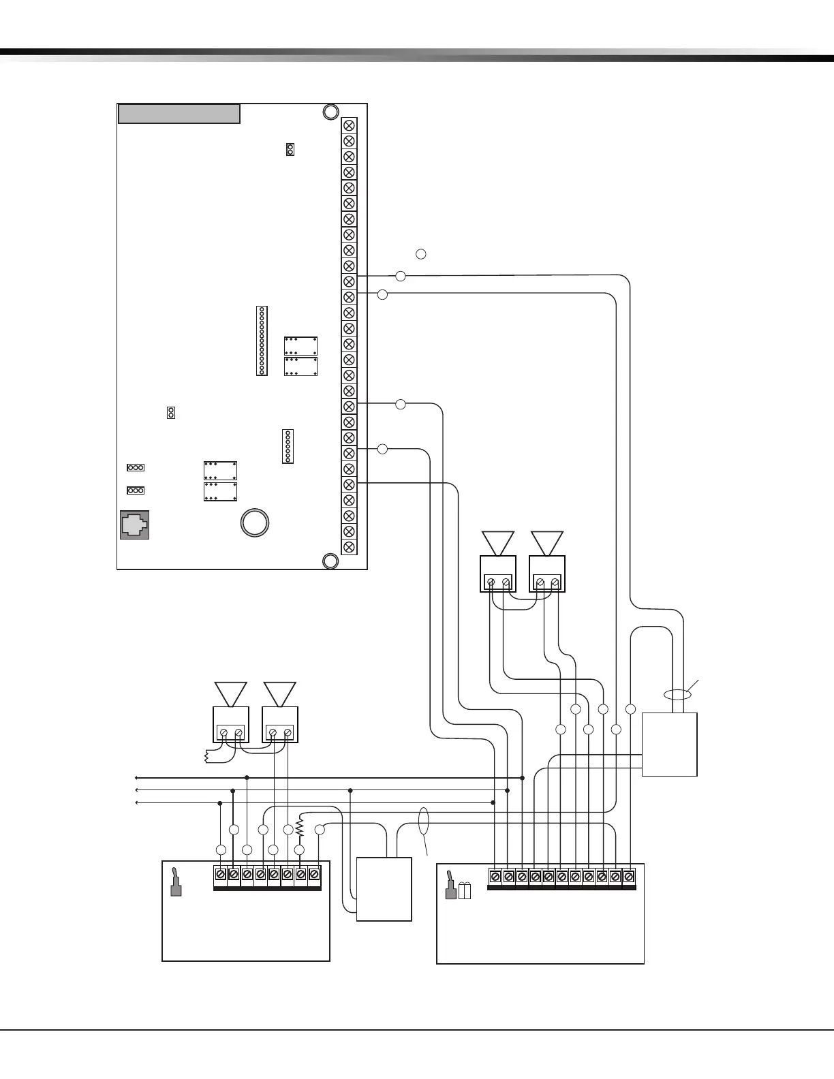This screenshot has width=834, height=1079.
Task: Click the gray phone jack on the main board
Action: click(x=134, y=525)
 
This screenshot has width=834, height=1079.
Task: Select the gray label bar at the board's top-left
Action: click(x=179, y=114)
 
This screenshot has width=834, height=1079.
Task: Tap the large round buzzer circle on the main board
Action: click(x=255, y=522)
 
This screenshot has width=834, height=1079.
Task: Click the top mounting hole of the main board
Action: click(x=330, y=112)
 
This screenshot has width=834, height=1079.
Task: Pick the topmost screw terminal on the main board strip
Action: click(x=349, y=125)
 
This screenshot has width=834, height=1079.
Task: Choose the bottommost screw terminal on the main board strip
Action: click(x=349, y=546)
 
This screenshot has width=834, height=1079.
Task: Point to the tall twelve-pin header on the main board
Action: click(x=262, y=341)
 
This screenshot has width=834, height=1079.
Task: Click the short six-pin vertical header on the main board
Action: click(x=288, y=446)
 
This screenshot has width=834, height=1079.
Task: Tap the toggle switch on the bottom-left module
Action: click(x=175, y=881)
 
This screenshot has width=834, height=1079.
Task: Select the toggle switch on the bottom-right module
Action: click(x=450, y=885)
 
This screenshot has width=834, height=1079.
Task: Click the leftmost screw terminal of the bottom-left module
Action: click(x=220, y=874)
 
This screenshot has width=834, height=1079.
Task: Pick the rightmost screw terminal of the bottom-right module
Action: click(x=628, y=876)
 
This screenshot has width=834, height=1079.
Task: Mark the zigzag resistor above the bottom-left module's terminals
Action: click(x=300, y=826)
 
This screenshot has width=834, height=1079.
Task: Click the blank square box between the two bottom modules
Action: click(x=384, y=889)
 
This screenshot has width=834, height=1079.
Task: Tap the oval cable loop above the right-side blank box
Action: click(x=677, y=695)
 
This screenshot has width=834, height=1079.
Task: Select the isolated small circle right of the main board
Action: click(x=421, y=254)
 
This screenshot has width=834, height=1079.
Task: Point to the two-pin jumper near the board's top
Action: click(x=290, y=149)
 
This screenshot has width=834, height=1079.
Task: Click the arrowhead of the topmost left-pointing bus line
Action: click(x=137, y=777)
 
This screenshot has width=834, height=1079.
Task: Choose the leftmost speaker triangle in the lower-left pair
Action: click(x=231, y=693)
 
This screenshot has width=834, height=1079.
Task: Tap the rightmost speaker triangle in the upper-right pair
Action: click(x=547, y=543)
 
